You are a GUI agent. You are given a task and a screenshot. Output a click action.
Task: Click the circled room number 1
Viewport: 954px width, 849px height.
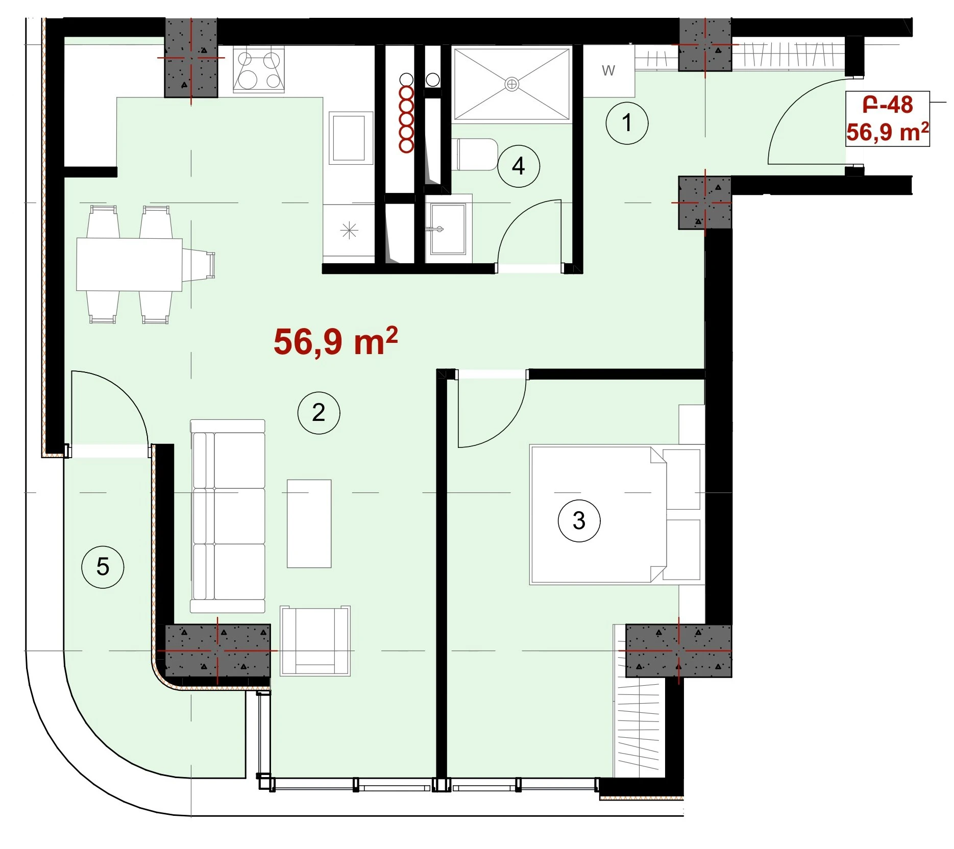pos(627,123)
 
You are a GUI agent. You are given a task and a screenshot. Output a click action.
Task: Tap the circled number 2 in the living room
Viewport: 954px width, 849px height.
pos(319,413)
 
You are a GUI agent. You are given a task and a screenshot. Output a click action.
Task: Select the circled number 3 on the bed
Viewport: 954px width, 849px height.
pos(579,520)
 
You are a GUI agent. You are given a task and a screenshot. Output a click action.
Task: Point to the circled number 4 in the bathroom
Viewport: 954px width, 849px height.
pos(519,166)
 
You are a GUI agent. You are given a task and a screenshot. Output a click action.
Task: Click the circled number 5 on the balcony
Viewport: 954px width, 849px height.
pos(103,567)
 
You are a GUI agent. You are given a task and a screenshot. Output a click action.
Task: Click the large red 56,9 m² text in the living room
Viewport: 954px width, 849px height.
pos(335,341)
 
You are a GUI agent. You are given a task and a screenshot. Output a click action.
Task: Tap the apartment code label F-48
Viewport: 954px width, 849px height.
pos(887,105)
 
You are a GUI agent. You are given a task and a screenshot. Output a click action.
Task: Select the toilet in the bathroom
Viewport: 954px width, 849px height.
pos(474,155)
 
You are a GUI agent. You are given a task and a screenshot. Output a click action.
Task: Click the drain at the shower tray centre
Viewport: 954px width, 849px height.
pos(511,84)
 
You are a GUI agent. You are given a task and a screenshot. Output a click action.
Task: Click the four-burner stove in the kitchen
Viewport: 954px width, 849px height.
pos(259,69)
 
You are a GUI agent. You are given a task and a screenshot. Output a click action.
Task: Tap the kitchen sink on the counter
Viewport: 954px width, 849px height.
pos(349,138)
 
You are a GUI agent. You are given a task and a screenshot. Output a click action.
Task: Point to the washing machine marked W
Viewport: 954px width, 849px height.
pos(608,71)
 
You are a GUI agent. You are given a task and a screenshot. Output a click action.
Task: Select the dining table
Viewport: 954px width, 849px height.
pos(129,264)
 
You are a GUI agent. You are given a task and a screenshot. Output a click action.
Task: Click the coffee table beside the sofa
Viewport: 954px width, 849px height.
pos(309,523)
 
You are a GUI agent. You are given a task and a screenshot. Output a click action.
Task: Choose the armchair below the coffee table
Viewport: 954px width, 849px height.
pos(315,641)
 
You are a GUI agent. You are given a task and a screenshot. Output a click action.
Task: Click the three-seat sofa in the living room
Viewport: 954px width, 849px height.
pos(228,516)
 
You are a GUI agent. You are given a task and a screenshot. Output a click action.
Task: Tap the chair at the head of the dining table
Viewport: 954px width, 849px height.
pos(199,265)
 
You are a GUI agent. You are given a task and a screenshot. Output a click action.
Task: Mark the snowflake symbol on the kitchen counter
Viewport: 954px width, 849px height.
pos(349,231)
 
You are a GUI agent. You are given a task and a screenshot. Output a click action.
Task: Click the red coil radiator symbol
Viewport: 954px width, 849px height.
pos(406,119)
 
